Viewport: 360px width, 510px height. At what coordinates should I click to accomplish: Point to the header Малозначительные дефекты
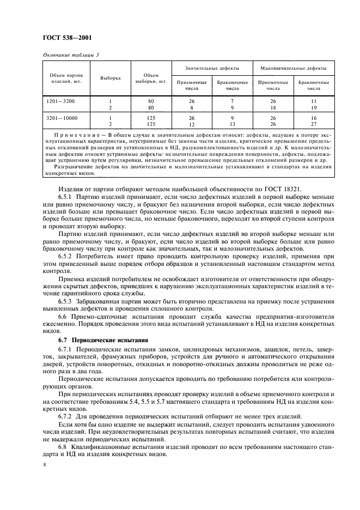click(294, 68)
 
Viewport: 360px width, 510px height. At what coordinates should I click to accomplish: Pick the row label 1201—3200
click(59, 101)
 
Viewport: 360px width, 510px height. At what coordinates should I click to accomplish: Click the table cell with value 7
click(233, 101)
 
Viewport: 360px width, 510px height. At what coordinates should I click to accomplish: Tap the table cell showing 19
click(314, 108)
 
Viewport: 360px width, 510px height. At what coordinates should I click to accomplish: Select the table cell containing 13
click(233, 124)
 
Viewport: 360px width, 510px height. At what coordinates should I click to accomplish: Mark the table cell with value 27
click(314, 124)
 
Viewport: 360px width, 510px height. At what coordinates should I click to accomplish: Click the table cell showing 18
click(273, 108)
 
